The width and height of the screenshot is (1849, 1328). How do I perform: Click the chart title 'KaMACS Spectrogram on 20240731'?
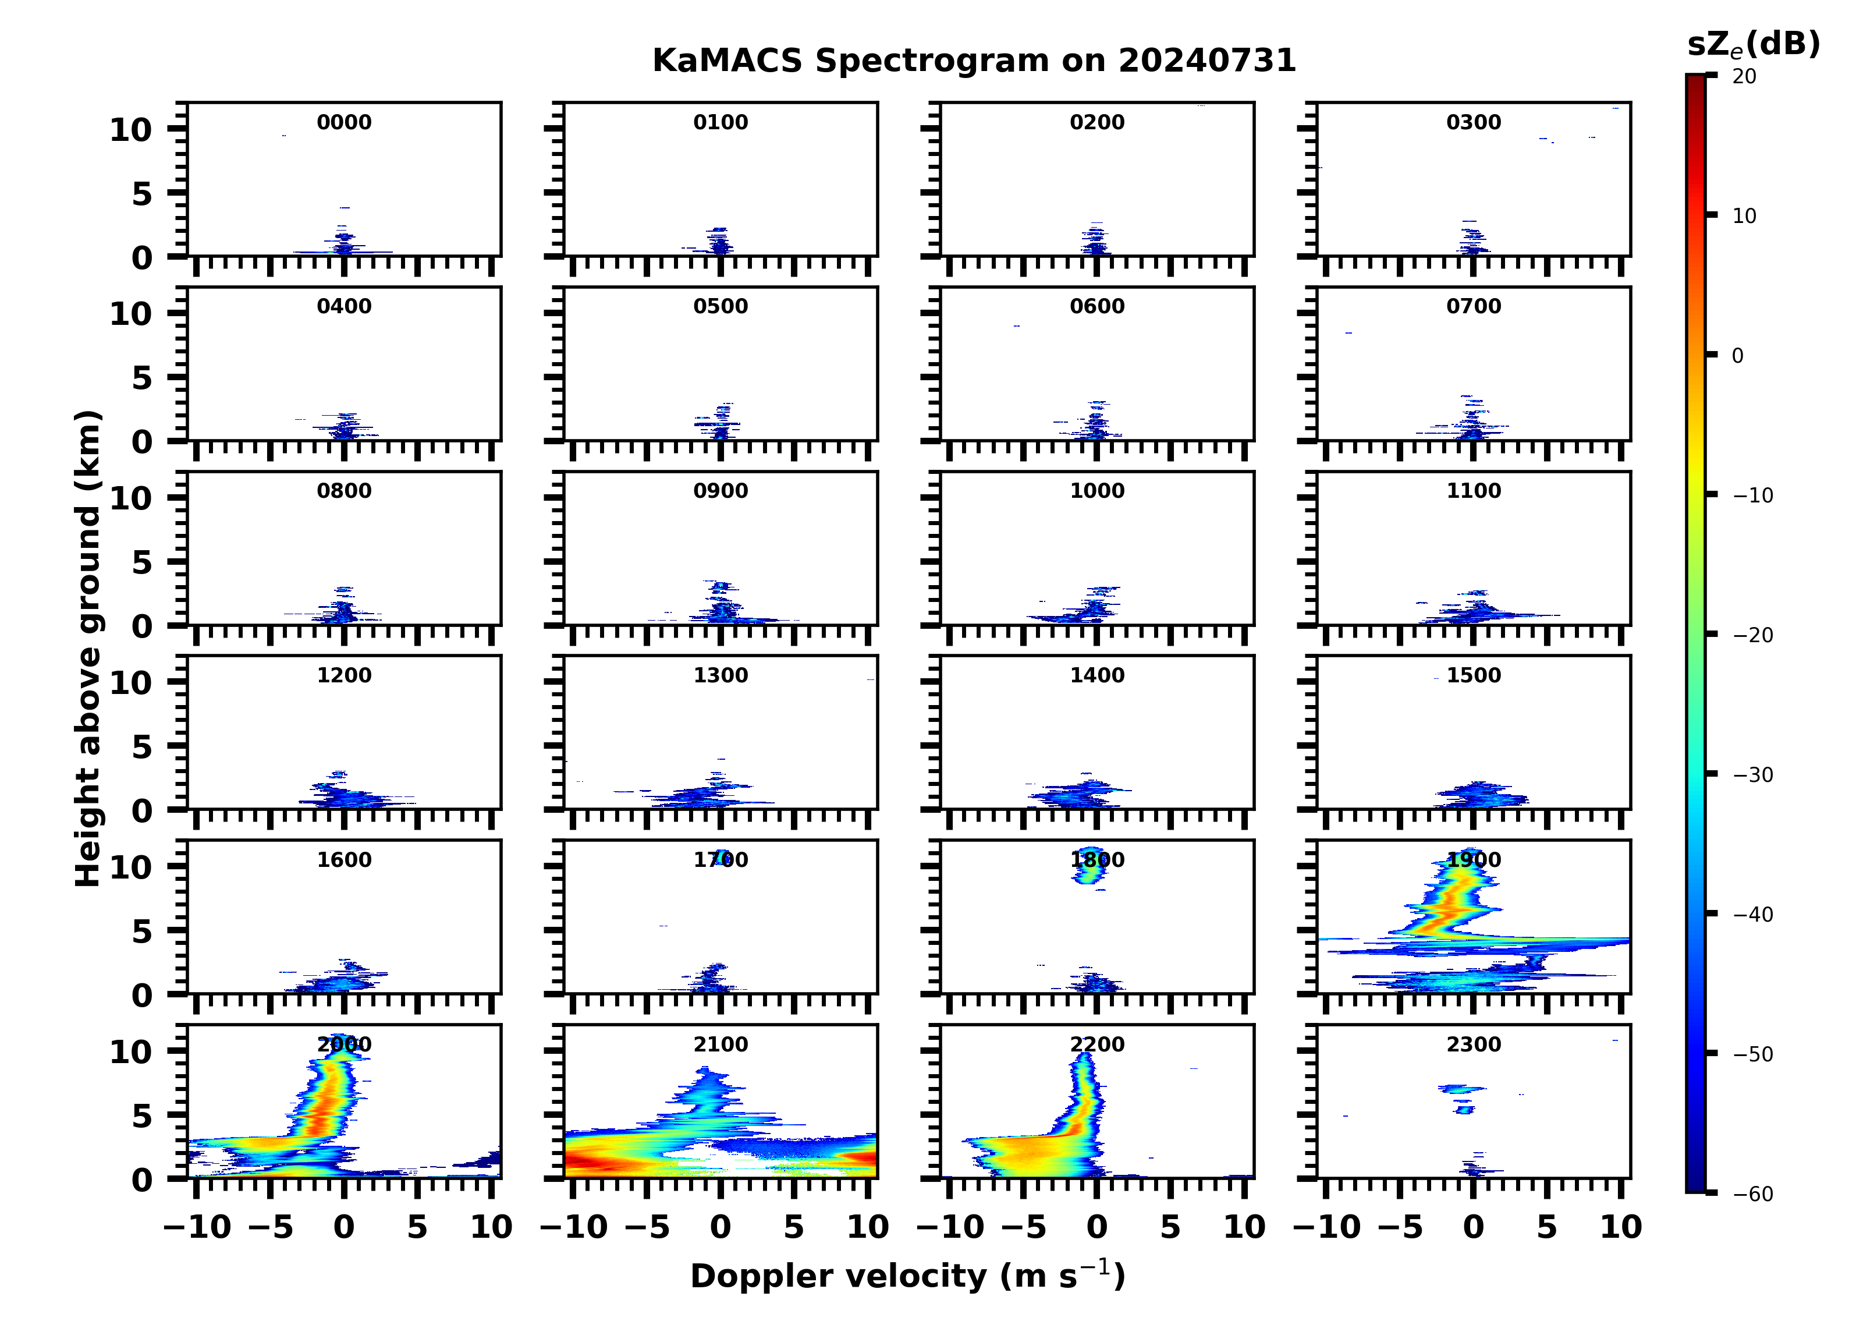pos(974,61)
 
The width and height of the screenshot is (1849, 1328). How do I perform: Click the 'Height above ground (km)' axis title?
pos(88,649)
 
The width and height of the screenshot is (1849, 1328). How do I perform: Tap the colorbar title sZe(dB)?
pos(1753,45)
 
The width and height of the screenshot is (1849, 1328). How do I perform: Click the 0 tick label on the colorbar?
pos(1737,356)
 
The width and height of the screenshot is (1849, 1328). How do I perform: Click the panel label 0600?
pos(1096,307)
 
